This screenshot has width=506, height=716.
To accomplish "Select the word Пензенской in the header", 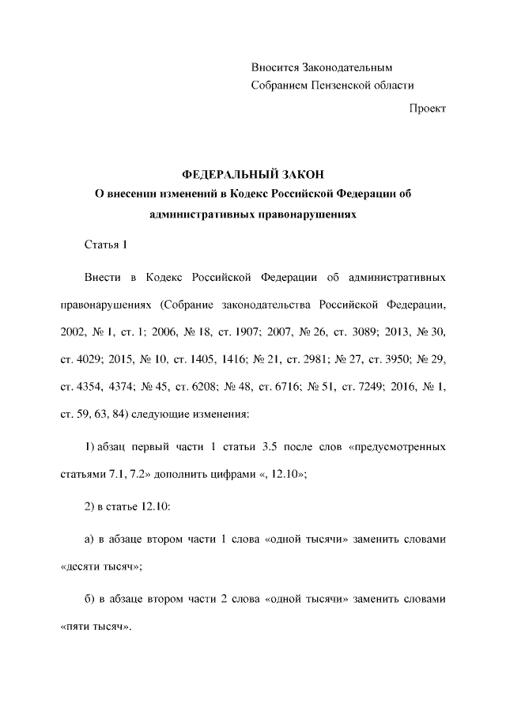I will click(x=342, y=85).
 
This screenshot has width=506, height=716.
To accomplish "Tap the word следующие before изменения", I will click(x=166, y=414).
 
